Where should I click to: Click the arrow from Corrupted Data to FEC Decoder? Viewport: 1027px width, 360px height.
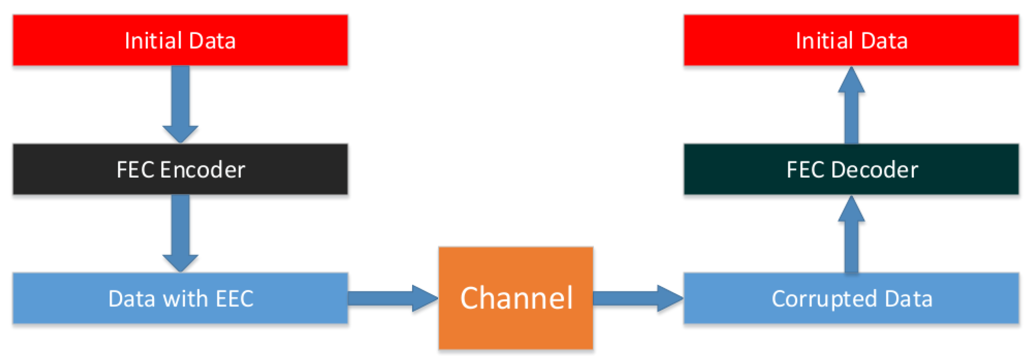(x=852, y=235)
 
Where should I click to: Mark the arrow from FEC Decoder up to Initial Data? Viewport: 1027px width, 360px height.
(x=852, y=106)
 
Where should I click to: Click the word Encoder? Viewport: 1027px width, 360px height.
(x=203, y=170)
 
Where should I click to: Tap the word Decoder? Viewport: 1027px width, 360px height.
(x=875, y=170)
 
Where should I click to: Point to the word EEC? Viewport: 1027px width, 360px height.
(x=235, y=299)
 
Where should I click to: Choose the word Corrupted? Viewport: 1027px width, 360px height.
(x=824, y=299)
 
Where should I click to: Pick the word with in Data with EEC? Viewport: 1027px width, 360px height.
(x=185, y=299)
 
